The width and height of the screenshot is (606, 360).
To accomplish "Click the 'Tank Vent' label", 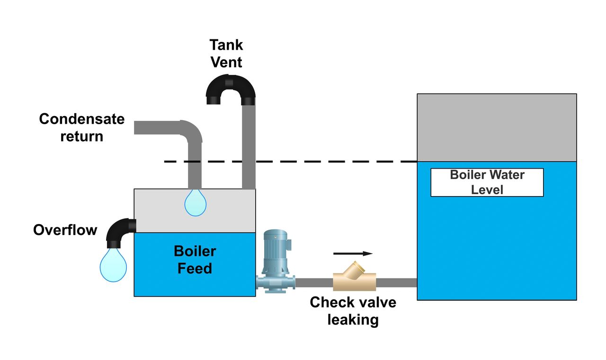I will tap(226, 54).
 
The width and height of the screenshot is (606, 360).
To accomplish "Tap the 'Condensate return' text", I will tap(81, 127).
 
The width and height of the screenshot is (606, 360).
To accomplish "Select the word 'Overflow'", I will tap(65, 230).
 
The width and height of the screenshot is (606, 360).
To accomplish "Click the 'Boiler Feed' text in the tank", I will tap(195, 260).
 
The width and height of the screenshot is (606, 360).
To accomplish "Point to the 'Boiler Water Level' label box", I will tap(487, 182).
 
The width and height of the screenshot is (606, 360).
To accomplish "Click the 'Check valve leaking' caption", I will tap(353, 311).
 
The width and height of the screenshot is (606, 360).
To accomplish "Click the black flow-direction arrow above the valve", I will tap(353, 254).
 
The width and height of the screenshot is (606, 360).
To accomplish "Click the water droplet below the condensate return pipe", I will tap(195, 202).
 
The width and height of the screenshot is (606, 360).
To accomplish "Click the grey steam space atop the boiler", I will tap(497, 127).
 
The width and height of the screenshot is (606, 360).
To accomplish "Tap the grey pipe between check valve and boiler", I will tap(396, 283).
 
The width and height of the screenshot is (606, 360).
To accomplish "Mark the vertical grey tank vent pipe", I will tap(249, 147).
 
